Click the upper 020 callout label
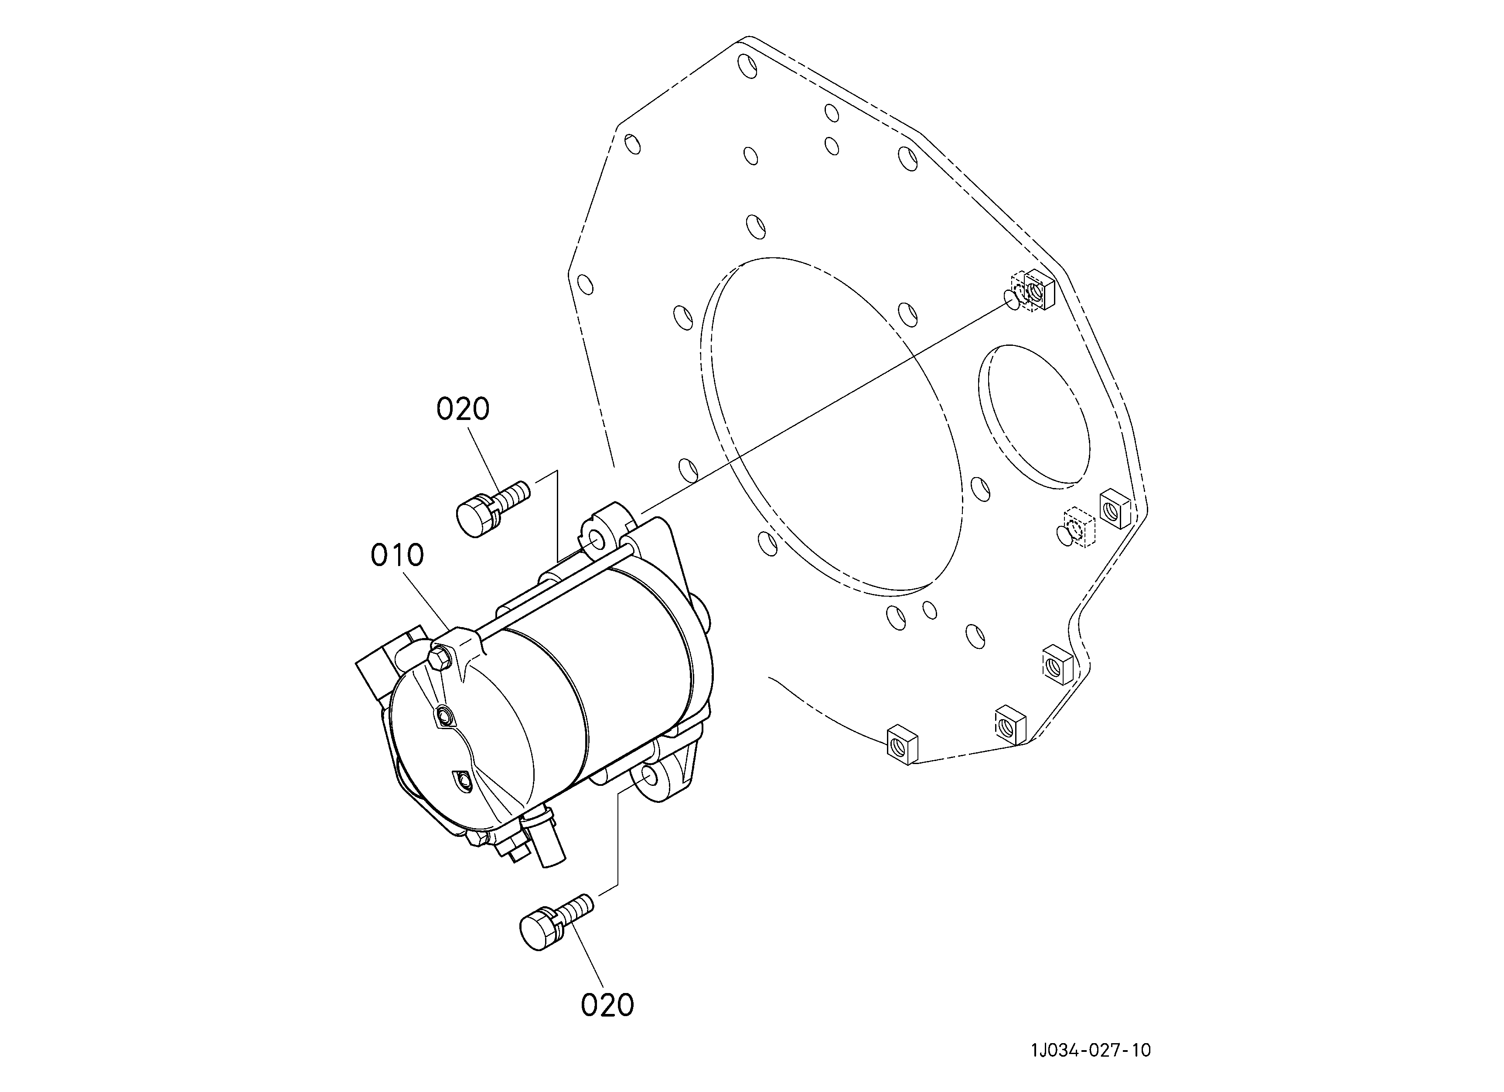coord(463,409)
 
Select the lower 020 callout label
coord(607,1005)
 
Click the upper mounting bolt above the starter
coord(493,508)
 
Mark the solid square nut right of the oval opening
coord(1115,508)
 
